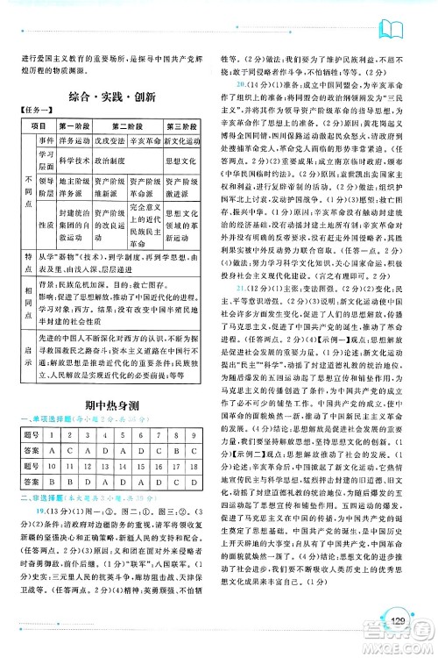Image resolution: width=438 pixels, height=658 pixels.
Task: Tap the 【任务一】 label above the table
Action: [x=34, y=111]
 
